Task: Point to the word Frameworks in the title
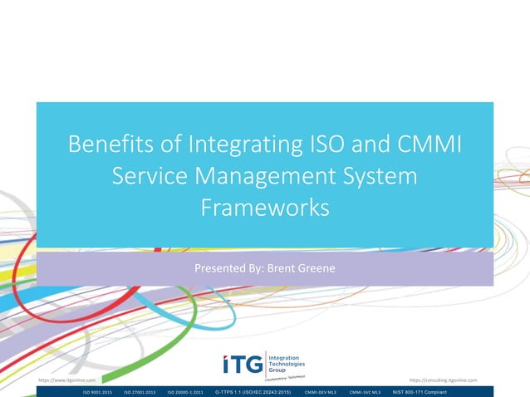(265, 207)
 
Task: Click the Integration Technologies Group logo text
(287, 364)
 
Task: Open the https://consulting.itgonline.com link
(444, 380)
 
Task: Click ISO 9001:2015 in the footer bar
(96, 391)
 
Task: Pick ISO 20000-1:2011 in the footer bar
(188, 391)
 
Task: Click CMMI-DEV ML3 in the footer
(320, 391)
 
